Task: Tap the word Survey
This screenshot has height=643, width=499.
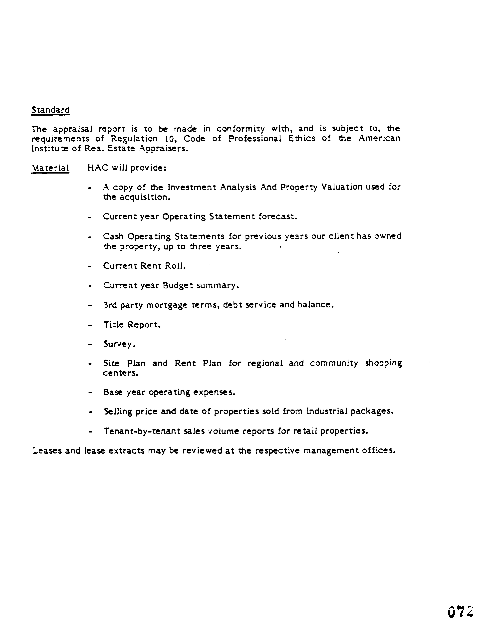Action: tap(119, 344)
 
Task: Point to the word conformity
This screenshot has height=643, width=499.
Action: tap(241, 129)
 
